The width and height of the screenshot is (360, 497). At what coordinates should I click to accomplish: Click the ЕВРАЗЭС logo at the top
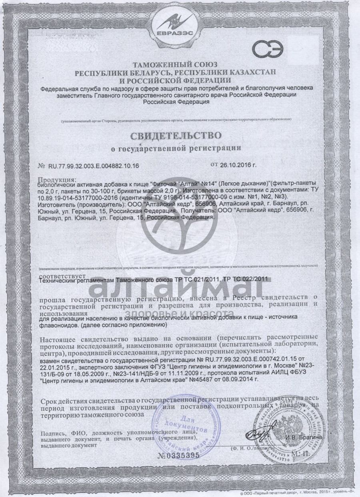180,24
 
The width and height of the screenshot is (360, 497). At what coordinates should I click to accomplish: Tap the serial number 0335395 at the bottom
178,455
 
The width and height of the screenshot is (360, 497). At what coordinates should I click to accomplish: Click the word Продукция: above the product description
56,179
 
